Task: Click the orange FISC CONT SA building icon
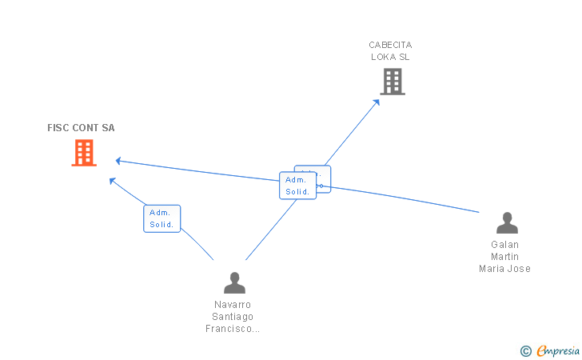84,152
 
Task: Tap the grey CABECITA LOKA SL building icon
392,82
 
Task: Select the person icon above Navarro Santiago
234,282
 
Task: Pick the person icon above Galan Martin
507,222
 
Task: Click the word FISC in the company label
58,128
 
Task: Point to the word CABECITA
390,45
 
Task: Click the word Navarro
233,305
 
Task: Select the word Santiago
233,317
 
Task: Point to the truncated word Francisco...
233,329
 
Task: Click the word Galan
505,245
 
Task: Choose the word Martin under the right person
505,257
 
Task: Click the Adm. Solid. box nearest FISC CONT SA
162,218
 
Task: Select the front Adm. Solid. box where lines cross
297,186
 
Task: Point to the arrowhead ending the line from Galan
118,161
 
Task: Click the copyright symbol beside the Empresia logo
525,350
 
